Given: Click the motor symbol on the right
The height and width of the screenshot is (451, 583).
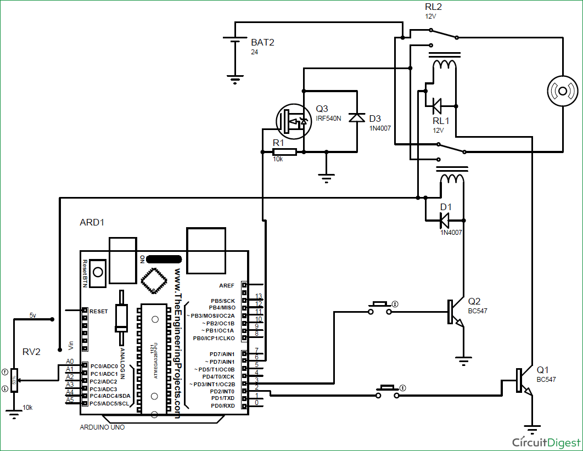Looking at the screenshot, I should tap(563, 90).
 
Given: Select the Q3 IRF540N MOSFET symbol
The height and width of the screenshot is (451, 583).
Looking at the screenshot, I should tap(290, 120).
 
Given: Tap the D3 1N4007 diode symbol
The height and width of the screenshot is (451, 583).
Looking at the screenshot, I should tap(357, 117).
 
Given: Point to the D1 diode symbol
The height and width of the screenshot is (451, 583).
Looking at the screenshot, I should tap(444, 220).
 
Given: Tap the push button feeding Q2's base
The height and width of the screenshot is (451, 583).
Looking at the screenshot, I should tap(380, 308).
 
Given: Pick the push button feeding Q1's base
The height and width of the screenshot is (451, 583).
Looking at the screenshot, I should tap(389, 392).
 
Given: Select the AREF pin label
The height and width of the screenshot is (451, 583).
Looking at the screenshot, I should tap(226, 286).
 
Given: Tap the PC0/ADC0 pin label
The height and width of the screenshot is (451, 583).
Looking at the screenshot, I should tap(104, 366).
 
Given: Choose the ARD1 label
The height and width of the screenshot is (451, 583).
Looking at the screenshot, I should tap(92, 223).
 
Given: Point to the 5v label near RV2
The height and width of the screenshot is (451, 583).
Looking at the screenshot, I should tap(33, 315).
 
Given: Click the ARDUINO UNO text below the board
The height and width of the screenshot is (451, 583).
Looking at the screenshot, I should tap(102, 427).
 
